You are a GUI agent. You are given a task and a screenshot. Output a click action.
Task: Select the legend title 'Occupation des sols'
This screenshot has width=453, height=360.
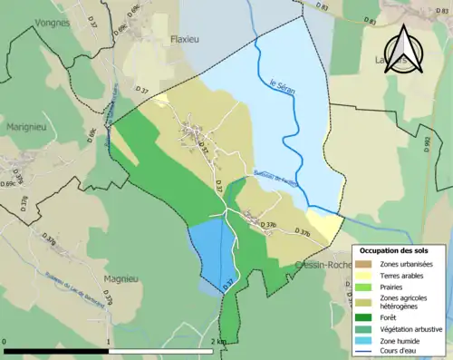(x=400, y=250)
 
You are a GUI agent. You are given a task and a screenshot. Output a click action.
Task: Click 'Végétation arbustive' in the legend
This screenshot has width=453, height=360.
(x=410, y=328)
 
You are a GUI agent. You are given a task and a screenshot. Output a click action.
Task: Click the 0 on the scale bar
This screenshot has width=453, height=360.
(x=5, y=342)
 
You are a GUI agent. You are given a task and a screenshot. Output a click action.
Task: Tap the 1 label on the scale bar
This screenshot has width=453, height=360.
(x=109, y=342)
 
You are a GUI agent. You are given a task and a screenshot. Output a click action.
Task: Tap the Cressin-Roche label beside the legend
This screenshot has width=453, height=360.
(x=322, y=265)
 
